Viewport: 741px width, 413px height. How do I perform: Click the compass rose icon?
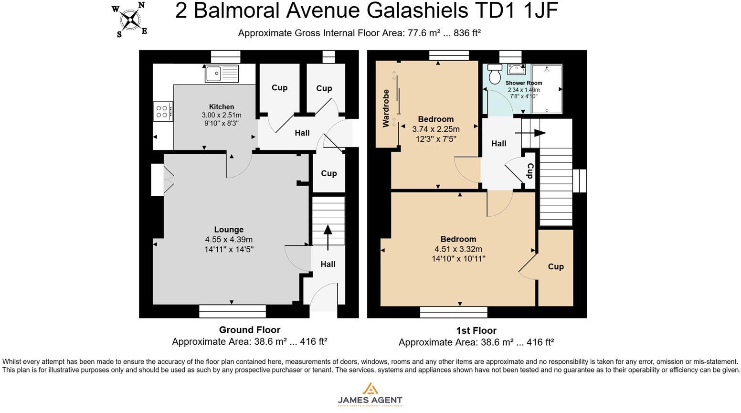pos(130,20)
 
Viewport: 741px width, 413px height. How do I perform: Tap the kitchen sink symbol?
pos(222,74)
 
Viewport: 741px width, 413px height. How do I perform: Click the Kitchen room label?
pos(222,107)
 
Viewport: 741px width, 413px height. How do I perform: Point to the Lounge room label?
pos(229,230)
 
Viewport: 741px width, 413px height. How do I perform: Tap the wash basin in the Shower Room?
pos(516,69)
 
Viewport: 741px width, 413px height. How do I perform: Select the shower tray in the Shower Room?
pos(547,89)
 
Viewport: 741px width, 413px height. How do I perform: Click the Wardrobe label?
pos(386,108)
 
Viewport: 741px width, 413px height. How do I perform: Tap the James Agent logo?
pos(370,394)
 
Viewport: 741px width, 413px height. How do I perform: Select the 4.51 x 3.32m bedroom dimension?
pos(458,249)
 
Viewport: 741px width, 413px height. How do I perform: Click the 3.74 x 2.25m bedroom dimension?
pos(436,129)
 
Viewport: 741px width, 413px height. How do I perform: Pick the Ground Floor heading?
pos(249,329)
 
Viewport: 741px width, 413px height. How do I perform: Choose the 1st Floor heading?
pos(476,330)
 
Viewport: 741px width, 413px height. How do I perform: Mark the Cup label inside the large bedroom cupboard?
pos(556,266)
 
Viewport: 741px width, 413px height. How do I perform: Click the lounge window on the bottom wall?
pos(233,311)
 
